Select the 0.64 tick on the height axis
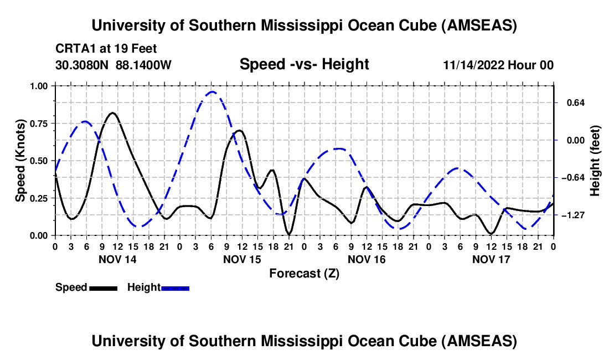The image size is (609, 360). pos(572,103)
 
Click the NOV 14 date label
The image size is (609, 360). pos(117,259)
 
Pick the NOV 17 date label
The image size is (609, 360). pos(491,259)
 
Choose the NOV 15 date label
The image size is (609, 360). pos(241,259)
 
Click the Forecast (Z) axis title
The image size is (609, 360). pos(304,273)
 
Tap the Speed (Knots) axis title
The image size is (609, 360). pos(20,161)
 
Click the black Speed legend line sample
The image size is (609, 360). pos(102,288)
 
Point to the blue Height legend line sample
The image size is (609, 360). pos(175,288)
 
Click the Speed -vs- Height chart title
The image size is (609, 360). pos(304,64)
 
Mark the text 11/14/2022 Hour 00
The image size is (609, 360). pos(498,65)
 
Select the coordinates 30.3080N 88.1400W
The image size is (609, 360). pos(113,65)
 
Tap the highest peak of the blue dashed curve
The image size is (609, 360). pos(212,91)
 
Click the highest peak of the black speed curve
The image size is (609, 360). pos(112,112)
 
